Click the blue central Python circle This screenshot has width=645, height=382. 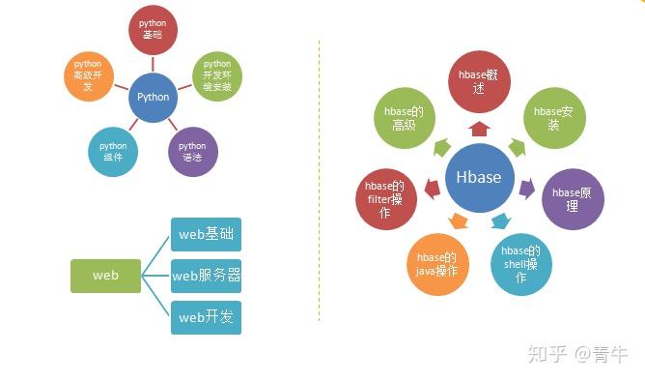(153, 97)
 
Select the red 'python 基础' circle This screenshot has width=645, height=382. (153, 29)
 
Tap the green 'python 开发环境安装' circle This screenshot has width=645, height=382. (216, 77)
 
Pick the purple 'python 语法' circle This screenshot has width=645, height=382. (193, 152)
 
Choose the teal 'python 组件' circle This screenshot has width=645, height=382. (113, 152)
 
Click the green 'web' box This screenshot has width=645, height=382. (105, 276)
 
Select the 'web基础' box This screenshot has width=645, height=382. (206, 235)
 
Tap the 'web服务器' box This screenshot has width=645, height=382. (206, 276)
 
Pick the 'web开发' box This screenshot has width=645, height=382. (206, 317)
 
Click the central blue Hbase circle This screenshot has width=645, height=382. (479, 178)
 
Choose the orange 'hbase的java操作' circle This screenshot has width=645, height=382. (438, 264)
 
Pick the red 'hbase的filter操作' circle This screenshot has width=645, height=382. (384, 199)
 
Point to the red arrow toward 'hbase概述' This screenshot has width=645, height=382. (479, 128)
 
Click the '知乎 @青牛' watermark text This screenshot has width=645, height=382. (577, 355)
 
